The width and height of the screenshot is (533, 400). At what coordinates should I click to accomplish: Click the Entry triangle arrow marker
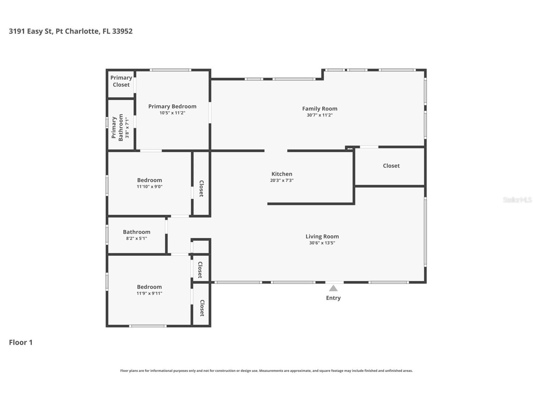click(x=333, y=288)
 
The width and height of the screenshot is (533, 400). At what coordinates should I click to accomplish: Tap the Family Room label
click(x=319, y=108)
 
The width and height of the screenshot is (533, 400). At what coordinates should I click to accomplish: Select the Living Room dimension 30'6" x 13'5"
click(x=322, y=243)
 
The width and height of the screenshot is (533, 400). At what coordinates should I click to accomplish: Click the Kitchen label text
click(x=282, y=174)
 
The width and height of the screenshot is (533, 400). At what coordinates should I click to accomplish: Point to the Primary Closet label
click(x=121, y=81)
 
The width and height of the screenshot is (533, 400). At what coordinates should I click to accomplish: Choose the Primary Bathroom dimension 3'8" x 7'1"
click(x=127, y=128)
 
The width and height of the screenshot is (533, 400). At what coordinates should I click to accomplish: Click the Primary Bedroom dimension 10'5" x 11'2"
click(x=172, y=113)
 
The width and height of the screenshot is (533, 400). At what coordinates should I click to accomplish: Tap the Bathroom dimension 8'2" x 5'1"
click(x=136, y=238)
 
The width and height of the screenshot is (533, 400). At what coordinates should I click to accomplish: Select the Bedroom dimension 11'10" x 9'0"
click(x=149, y=186)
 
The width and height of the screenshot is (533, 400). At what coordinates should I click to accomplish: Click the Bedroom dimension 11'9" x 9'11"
click(x=149, y=293)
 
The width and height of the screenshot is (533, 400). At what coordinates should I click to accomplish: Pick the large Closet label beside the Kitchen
click(x=391, y=166)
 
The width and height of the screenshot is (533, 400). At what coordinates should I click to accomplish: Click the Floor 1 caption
click(x=21, y=342)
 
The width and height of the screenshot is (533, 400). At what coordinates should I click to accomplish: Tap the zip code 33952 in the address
click(x=122, y=31)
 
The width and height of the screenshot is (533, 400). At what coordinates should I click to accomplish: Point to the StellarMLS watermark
click(x=517, y=200)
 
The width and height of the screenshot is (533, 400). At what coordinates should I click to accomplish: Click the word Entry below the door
click(x=333, y=298)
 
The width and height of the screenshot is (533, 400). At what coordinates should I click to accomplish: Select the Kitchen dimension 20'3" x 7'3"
click(x=282, y=181)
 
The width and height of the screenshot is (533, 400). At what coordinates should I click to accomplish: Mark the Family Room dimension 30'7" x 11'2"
click(x=319, y=115)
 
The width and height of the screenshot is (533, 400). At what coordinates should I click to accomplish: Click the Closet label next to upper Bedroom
click(x=201, y=188)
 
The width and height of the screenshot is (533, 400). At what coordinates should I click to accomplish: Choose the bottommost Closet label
click(x=202, y=308)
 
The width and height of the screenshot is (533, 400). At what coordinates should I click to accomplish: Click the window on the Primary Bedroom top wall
click(x=170, y=70)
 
